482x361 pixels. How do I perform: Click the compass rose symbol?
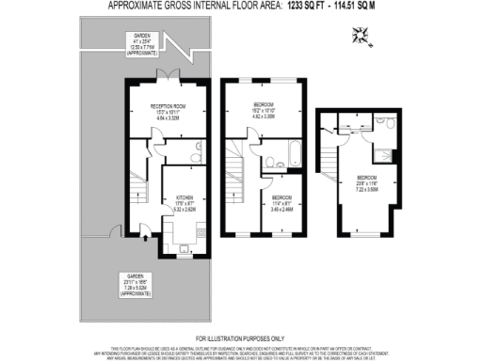coord(361,37)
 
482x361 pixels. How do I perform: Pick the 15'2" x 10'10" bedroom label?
coord(264,112)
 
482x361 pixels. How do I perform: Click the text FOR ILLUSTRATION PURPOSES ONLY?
coord(240,337)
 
